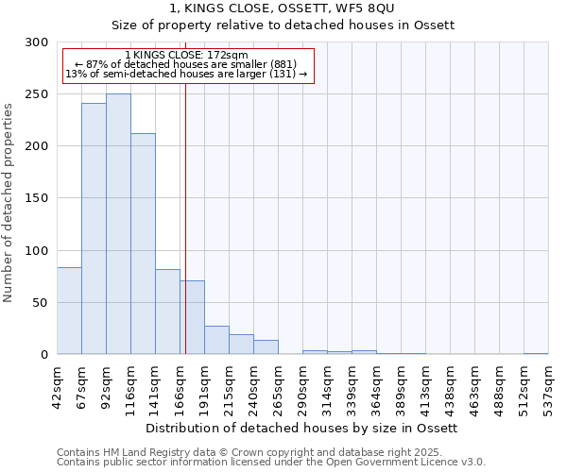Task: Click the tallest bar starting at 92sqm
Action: (118, 224)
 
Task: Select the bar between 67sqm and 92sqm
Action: (94, 228)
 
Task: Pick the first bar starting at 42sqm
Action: (69, 311)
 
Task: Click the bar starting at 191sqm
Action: (216, 340)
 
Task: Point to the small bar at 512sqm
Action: (536, 353)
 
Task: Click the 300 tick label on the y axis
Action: (37, 42)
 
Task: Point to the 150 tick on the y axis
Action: (37, 198)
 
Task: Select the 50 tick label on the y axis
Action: (41, 303)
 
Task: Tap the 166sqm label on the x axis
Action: (180, 385)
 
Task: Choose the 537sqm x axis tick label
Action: (548, 385)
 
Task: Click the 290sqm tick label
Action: (302, 385)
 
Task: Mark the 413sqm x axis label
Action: (425, 385)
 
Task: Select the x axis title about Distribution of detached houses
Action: (302, 428)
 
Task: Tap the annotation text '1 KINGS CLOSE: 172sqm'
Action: (186, 56)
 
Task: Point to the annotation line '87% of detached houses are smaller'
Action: (186, 64)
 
